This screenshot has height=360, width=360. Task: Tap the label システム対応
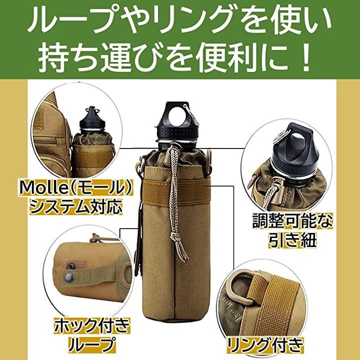[x=76, y=206]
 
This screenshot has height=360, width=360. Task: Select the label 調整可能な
[x=292, y=221]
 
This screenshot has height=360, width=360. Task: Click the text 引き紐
[x=292, y=240]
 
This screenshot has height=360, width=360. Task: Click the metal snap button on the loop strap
[x=68, y=277]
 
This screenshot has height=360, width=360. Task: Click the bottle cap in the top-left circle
[x=92, y=121]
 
